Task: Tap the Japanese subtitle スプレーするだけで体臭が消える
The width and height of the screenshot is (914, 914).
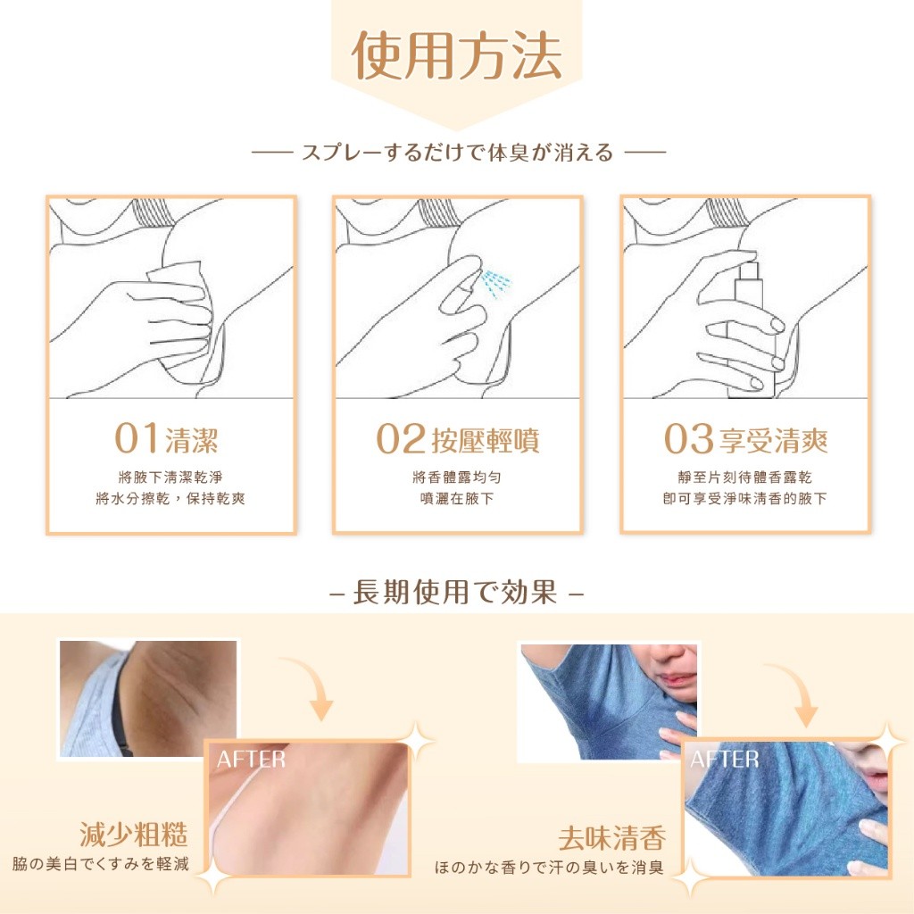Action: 457,153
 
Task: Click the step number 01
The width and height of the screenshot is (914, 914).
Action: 137,439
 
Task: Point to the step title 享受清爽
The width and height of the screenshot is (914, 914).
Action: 773,440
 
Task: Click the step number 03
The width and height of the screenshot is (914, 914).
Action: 690,440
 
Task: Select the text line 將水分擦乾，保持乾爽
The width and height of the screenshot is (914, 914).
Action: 170,498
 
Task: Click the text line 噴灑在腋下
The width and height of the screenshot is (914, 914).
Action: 457,498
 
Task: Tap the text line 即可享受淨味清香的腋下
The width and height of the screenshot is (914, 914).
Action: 744,498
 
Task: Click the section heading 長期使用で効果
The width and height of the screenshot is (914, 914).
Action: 456,593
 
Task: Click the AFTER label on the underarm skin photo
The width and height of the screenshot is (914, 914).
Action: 251,760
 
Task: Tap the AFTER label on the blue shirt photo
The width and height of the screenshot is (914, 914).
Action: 724,760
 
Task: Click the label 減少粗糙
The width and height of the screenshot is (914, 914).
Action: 134,835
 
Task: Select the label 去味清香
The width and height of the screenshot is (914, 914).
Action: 612,839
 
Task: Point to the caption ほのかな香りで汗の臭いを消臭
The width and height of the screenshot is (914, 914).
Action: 551,867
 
